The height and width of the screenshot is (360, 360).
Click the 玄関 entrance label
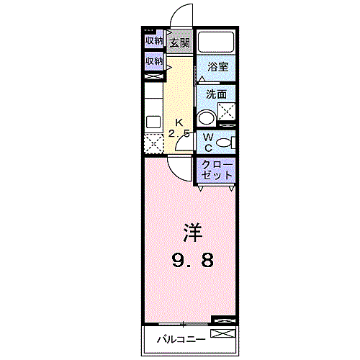180,43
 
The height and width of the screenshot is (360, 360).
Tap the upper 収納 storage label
153,40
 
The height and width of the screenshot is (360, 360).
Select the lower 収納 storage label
153,61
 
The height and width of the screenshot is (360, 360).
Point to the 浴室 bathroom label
217,67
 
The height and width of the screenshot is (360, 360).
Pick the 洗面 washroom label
216,94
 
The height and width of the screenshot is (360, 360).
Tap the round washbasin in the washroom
207,119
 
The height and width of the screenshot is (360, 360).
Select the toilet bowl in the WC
230,141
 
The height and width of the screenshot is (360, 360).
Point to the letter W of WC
208,137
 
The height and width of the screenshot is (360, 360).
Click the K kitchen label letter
180,122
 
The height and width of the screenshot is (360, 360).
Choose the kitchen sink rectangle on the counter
153,121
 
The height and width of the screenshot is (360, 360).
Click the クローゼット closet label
217,170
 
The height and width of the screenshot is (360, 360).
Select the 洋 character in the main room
191,233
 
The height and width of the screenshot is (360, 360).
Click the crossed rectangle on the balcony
222,334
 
